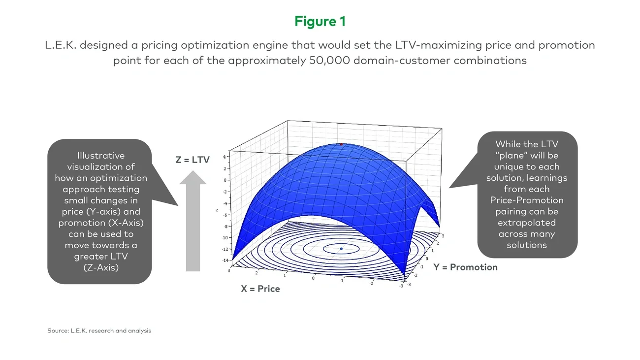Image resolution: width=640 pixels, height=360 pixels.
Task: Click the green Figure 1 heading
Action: (x=320, y=22)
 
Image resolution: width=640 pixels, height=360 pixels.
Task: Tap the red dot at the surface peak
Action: (x=341, y=144)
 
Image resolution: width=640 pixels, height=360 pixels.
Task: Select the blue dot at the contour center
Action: (x=341, y=249)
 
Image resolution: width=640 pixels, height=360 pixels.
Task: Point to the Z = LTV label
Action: (x=192, y=160)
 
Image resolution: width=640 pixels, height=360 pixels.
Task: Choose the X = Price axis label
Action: (x=260, y=289)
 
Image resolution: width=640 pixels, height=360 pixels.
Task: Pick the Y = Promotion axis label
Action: (x=465, y=267)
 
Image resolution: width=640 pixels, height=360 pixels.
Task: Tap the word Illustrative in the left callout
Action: (x=101, y=156)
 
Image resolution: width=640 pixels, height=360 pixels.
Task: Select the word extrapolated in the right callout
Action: (x=527, y=223)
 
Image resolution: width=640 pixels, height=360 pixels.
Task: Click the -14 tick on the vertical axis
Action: (x=225, y=260)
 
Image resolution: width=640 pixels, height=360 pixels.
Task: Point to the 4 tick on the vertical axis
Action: (x=224, y=157)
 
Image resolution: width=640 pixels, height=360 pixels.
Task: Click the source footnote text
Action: (x=99, y=331)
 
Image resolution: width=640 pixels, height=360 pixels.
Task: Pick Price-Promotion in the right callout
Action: (x=527, y=200)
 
